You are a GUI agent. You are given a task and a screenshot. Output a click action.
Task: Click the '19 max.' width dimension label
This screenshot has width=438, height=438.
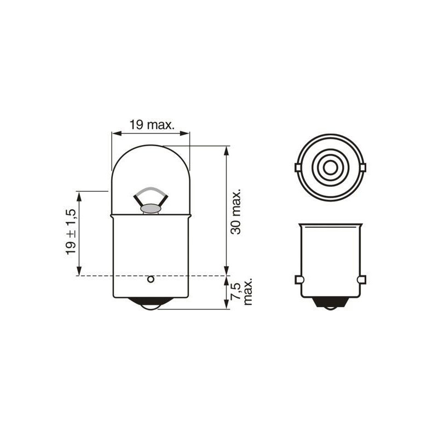point(152,125)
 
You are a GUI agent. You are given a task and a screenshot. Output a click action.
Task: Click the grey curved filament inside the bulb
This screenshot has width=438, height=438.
point(150,192)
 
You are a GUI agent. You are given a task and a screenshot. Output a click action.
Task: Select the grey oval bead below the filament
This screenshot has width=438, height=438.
point(150,208)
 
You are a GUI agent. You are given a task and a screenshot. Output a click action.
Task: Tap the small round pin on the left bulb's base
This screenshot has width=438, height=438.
point(150,280)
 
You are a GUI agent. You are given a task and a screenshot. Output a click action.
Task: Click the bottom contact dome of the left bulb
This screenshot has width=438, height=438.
point(150,306)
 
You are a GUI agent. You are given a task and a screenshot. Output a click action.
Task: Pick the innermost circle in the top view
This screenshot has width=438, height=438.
point(328,168)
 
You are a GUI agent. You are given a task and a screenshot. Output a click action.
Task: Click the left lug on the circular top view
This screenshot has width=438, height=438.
point(297,167)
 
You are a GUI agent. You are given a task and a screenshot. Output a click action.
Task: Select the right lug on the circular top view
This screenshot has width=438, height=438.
point(360,167)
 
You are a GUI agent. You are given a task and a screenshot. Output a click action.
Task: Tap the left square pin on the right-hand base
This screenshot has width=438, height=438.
point(299,280)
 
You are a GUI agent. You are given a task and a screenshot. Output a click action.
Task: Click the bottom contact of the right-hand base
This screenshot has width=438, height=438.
point(329,306)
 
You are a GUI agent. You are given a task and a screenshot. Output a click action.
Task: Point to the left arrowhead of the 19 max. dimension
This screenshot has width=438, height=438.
point(115,132)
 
